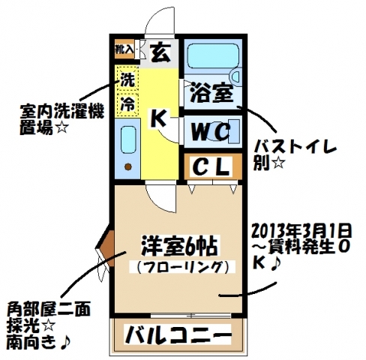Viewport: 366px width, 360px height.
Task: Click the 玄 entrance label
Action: pyautogui.click(x=160, y=53)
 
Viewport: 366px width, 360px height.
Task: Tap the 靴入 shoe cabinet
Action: pyautogui.click(x=124, y=49)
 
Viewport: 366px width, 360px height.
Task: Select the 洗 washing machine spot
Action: pyautogui.click(x=127, y=79)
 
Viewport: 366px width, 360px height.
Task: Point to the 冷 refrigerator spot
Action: pyautogui.click(x=127, y=104)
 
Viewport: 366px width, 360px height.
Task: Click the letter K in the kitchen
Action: pyautogui.click(x=159, y=118)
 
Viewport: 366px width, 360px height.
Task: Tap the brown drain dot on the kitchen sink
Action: pyautogui.click(x=128, y=166)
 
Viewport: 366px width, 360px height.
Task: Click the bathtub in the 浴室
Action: pyautogui.click(x=212, y=56)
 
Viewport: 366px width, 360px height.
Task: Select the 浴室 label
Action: pyautogui.click(x=211, y=93)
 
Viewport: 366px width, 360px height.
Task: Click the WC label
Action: pyautogui.click(x=210, y=131)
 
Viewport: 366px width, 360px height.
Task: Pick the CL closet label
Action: pyautogui.click(x=211, y=166)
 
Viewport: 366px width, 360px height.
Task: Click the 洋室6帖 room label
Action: pyautogui.click(x=179, y=247)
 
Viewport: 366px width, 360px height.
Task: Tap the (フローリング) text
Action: pyautogui.click(x=182, y=267)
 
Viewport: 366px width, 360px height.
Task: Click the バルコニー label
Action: pyautogui.click(x=178, y=334)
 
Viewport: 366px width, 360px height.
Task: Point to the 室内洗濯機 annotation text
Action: pyautogui.click(x=61, y=112)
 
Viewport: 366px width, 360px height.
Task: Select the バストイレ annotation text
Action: pyautogui.click(x=295, y=149)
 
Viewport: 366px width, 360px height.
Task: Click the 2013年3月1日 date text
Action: pyautogui.click(x=301, y=231)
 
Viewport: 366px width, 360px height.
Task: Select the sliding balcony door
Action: pyautogui.click(x=190, y=316)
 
